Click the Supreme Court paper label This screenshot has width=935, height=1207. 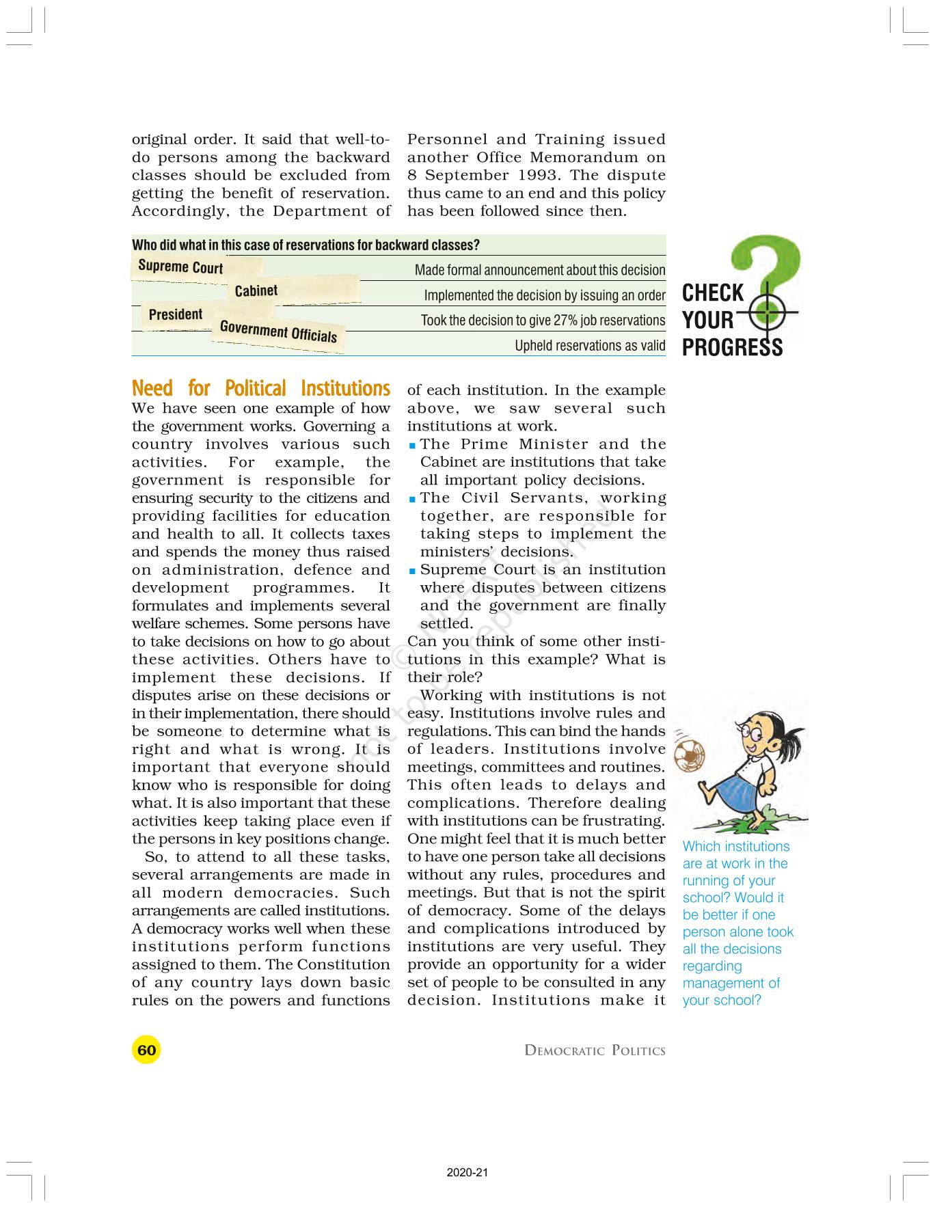(180, 266)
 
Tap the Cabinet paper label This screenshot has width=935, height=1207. (256, 290)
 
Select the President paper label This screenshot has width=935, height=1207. (176, 314)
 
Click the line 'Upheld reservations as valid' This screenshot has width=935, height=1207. (589, 346)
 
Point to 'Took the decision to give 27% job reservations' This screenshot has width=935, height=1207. (543, 321)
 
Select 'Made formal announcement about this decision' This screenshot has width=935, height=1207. (540, 270)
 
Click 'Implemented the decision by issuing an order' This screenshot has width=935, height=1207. (544, 295)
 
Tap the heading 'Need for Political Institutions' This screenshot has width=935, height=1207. (260, 388)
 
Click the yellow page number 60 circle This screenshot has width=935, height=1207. (146, 1050)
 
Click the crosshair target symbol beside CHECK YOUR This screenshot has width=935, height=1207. (768, 314)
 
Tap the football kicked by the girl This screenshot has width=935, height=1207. (690, 754)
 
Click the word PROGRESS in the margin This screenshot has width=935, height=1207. (732, 348)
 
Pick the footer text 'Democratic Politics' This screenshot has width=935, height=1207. (595, 1050)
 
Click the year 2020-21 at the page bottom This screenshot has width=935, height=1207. (467, 1173)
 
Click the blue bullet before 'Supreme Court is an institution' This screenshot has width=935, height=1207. (412, 571)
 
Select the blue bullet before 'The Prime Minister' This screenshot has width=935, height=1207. (412, 445)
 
